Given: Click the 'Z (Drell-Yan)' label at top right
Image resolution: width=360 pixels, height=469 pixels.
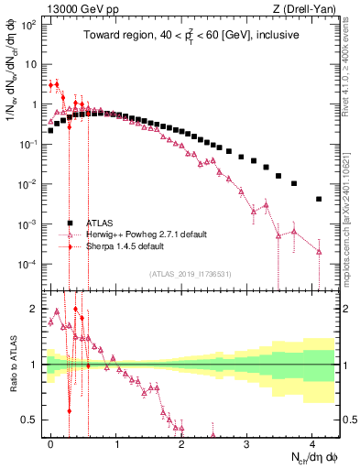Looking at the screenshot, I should click(x=307, y=7).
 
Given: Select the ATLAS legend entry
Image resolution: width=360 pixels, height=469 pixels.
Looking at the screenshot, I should click(x=100, y=223).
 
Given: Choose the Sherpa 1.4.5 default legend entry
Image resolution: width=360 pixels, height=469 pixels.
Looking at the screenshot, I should click(x=125, y=246).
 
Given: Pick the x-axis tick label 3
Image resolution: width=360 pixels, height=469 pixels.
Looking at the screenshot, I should click(x=246, y=442).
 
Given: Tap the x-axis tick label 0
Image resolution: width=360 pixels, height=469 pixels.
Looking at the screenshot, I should click(x=50, y=442).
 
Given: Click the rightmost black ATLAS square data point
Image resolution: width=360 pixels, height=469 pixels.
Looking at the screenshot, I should click(x=318, y=199).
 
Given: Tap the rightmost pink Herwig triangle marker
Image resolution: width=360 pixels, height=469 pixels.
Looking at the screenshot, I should click(x=318, y=251).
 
